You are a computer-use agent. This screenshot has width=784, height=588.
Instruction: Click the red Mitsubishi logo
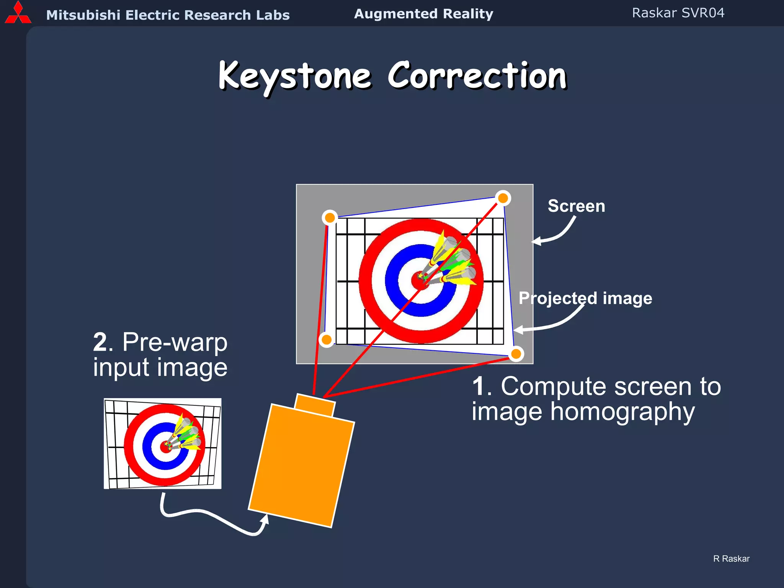[x=18, y=13]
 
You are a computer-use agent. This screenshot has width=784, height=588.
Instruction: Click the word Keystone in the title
[x=295, y=76]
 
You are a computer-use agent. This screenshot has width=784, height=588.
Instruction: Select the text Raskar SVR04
[x=678, y=13]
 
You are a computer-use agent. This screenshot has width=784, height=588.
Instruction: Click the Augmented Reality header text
[x=423, y=14]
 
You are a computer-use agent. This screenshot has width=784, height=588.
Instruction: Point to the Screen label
[x=576, y=206]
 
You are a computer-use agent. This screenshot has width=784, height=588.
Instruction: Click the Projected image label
[x=585, y=298]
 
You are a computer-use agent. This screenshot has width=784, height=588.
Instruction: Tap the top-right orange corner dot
[x=503, y=198]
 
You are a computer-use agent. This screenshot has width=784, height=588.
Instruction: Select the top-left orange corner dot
[x=330, y=218]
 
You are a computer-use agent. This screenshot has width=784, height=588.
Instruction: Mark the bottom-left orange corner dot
[x=327, y=339]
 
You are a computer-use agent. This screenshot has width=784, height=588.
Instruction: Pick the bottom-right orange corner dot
[x=516, y=354]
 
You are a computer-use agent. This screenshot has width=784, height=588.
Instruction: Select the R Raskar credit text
[x=731, y=559]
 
